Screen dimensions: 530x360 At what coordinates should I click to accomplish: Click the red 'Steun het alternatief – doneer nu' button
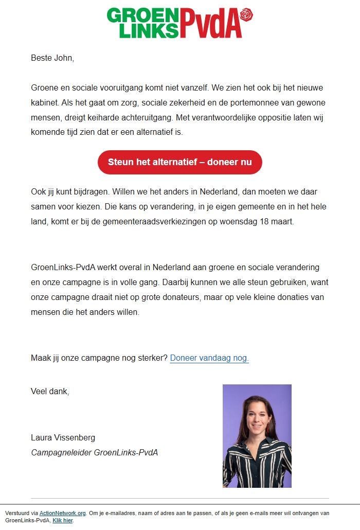tap(179, 162)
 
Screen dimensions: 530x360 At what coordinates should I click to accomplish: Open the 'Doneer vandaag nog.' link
tap(209, 358)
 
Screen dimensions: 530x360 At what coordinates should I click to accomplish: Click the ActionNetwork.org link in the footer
tap(62, 513)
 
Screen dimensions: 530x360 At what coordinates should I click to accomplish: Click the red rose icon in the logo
tap(247, 14)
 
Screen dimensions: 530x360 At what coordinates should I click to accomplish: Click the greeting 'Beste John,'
tap(52, 58)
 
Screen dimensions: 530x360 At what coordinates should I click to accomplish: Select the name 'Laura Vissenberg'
tap(63, 438)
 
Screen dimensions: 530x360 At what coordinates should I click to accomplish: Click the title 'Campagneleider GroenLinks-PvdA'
tap(94, 453)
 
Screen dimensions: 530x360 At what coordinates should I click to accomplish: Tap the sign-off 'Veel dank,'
tap(50, 391)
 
